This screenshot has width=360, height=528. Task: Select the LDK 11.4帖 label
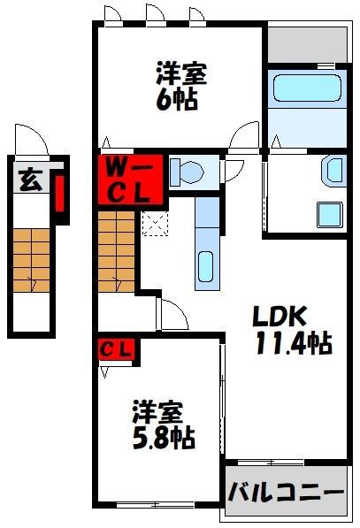pyautogui.click(x=293, y=329)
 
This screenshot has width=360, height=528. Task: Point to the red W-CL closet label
pyautogui.click(x=119, y=178)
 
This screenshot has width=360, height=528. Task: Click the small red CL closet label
pyautogui.click(x=115, y=350)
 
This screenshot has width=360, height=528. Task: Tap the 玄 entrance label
pyautogui.click(x=28, y=181)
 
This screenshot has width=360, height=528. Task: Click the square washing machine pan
pyautogui.click(x=330, y=215)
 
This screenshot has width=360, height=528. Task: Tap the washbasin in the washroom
pyautogui.click(x=334, y=169)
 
